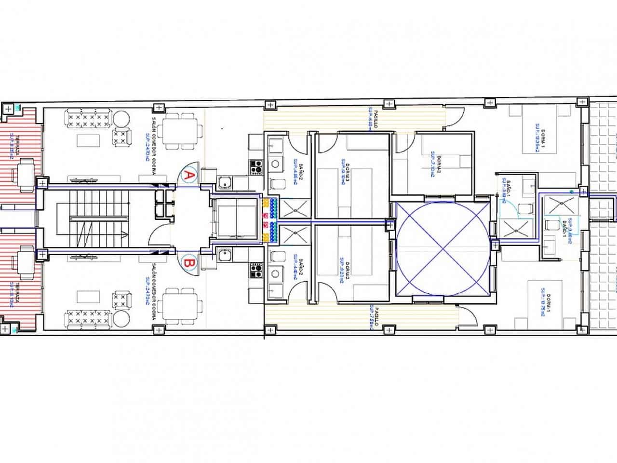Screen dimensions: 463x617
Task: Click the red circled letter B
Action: click(x=189, y=263)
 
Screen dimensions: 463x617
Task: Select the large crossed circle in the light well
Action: click(x=443, y=248)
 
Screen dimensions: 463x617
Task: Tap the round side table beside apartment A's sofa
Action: click(x=121, y=117)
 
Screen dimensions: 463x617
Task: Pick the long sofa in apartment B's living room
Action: click(x=89, y=318)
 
